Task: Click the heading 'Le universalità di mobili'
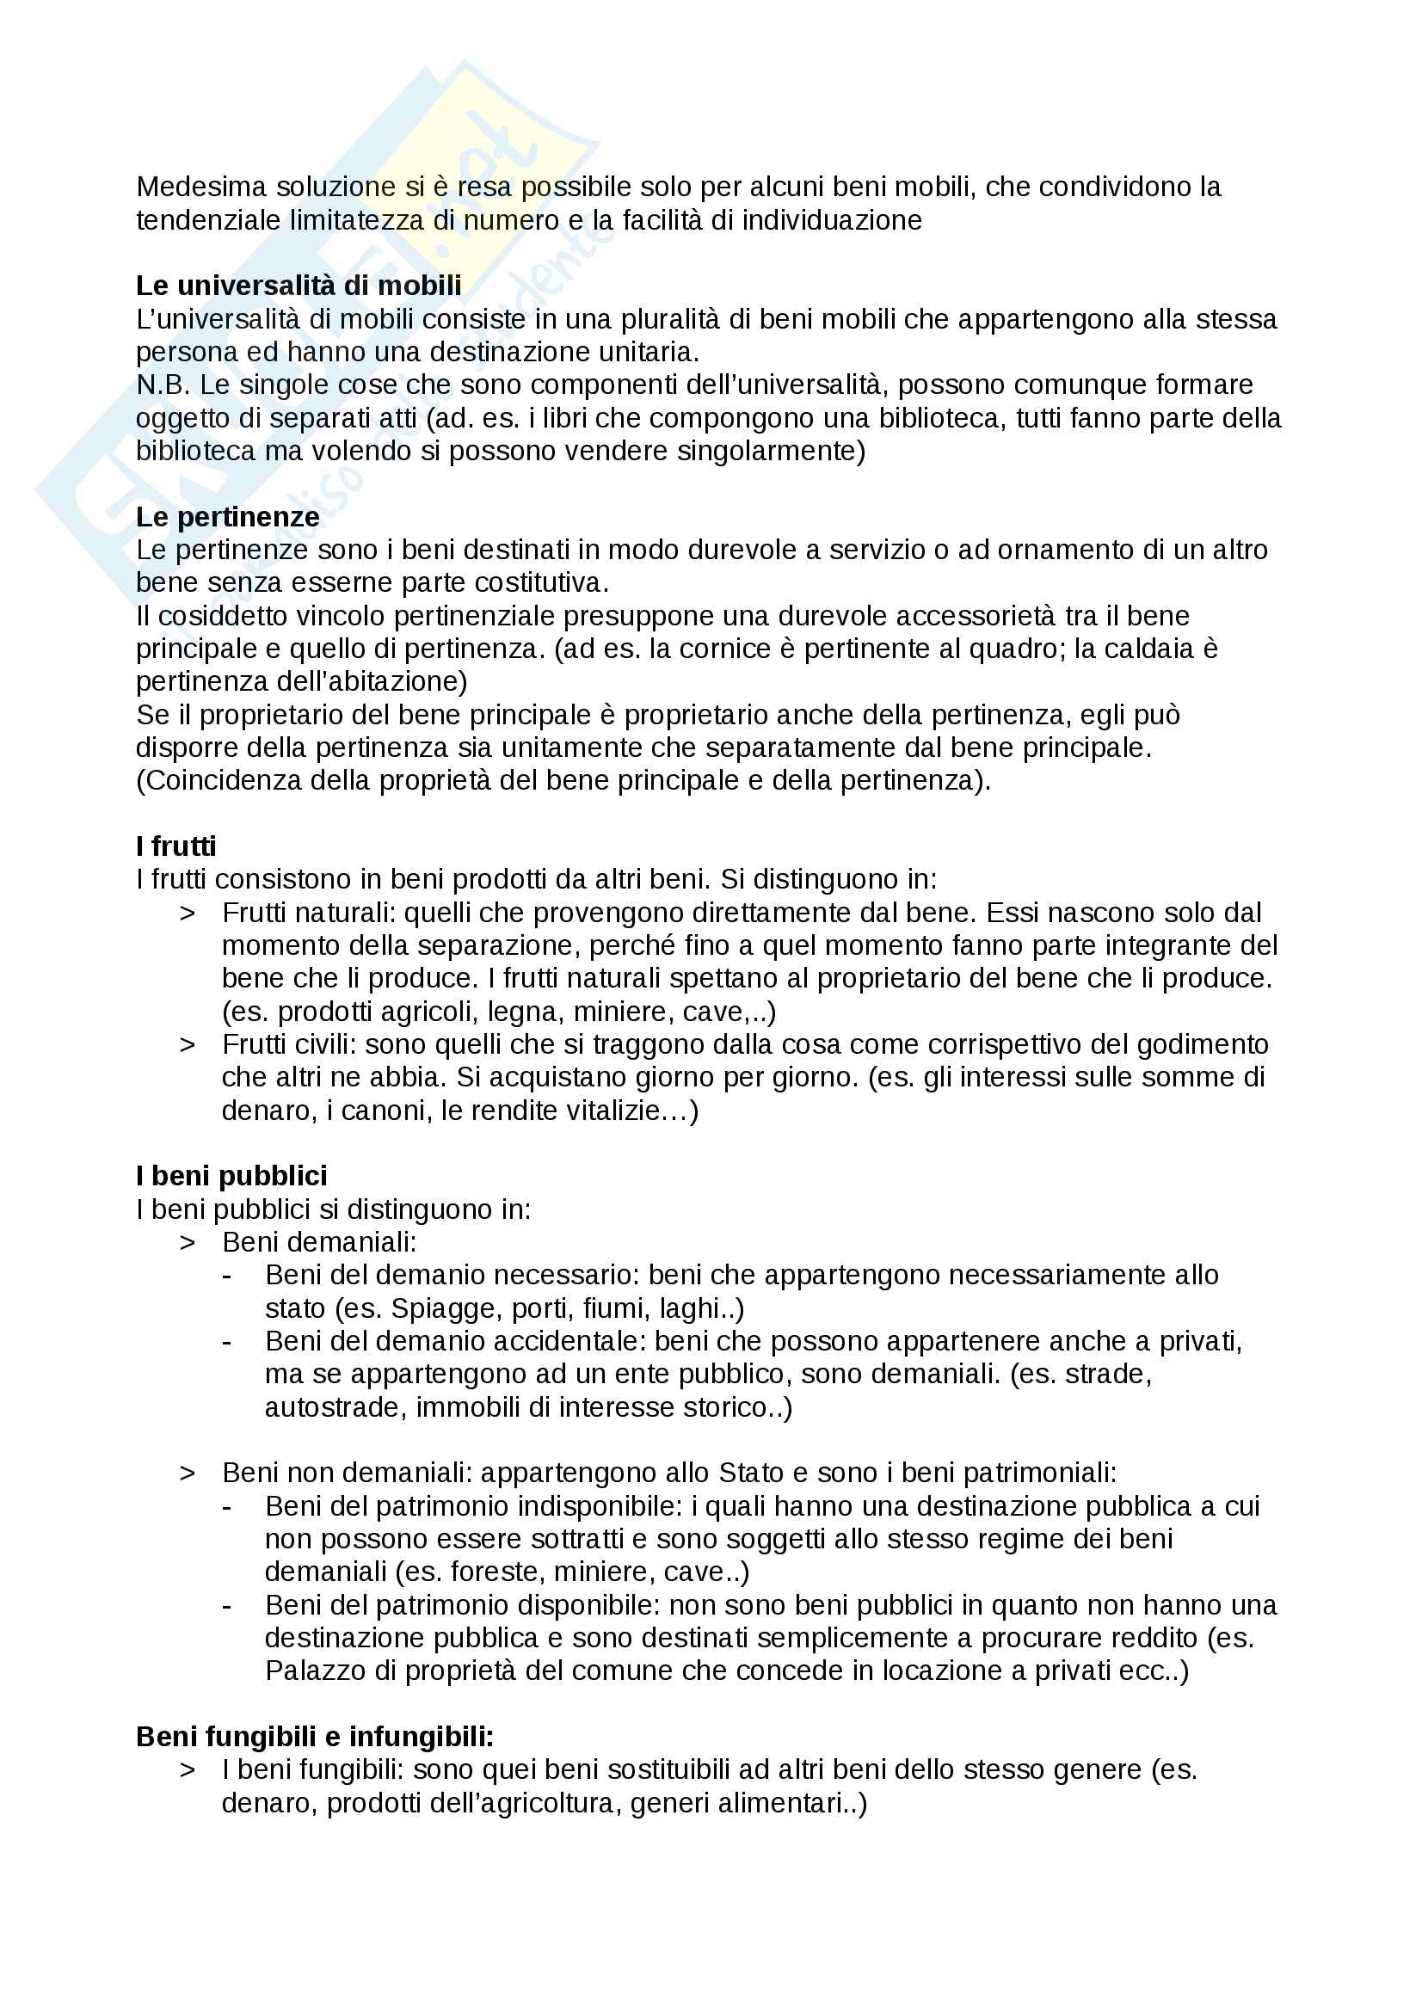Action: click(x=298, y=286)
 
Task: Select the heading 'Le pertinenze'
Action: click(x=227, y=517)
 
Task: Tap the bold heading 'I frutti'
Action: click(x=175, y=846)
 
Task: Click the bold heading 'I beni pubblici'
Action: click(x=231, y=1176)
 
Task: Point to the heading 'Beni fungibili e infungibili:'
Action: click(x=315, y=1737)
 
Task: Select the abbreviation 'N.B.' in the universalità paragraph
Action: click(x=163, y=385)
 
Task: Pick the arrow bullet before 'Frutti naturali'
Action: click(x=187, y=914)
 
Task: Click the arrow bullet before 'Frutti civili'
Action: click(x=187, y=1044)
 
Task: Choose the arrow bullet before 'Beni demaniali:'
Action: click(x=187, y=1243)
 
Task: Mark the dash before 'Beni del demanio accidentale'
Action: click(x=227, y=1342)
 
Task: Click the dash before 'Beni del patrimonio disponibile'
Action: click(x=227, y=1605)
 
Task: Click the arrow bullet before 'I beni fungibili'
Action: click(x=187, y=1770)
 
